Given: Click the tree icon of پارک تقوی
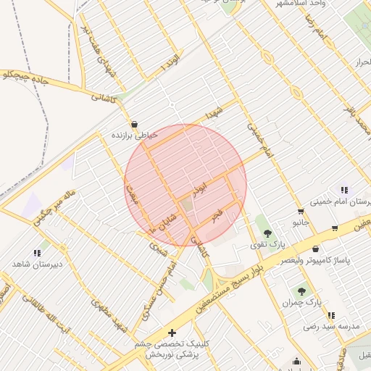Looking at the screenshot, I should tap(267, 233).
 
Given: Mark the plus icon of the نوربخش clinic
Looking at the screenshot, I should tap(172, 333).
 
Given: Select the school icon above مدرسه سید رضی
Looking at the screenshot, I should tap(331, 315).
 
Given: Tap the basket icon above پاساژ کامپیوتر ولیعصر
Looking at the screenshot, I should tap(335, 228).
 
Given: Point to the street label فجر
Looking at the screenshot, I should tap(216, 215).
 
